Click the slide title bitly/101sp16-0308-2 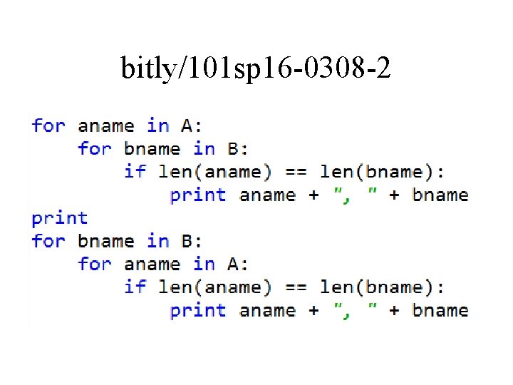256,68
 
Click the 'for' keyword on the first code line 48,126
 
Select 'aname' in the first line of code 105,126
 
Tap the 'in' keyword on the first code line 157,126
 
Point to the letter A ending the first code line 187,126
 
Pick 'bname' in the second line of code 152,149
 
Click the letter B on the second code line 233,149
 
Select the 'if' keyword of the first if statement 134,172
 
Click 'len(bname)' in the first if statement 378,172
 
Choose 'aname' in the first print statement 267,195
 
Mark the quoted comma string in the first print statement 355,195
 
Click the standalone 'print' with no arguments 60,218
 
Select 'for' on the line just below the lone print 48,241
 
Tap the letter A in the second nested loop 233,264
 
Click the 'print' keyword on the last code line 198,310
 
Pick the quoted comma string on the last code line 355,310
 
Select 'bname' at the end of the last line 440,310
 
